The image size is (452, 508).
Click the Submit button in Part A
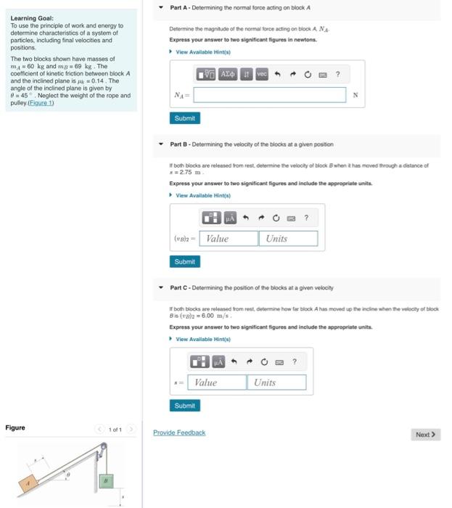coord(185,118)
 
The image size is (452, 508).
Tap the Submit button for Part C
coord(185,405)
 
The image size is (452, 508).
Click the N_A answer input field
coord(269,95)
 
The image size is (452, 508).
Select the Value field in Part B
coord(229,239)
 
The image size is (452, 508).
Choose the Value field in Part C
coord(217,382)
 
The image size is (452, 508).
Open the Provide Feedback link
coord(179,433)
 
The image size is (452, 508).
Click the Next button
coord(425,434)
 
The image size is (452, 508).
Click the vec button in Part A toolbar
coord(262,74)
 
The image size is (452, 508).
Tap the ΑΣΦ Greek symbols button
coord(228,74)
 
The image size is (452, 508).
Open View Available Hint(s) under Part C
coord(202,340)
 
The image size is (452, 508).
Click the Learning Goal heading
coord(32,18)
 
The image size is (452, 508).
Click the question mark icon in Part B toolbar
coord(306,217)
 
